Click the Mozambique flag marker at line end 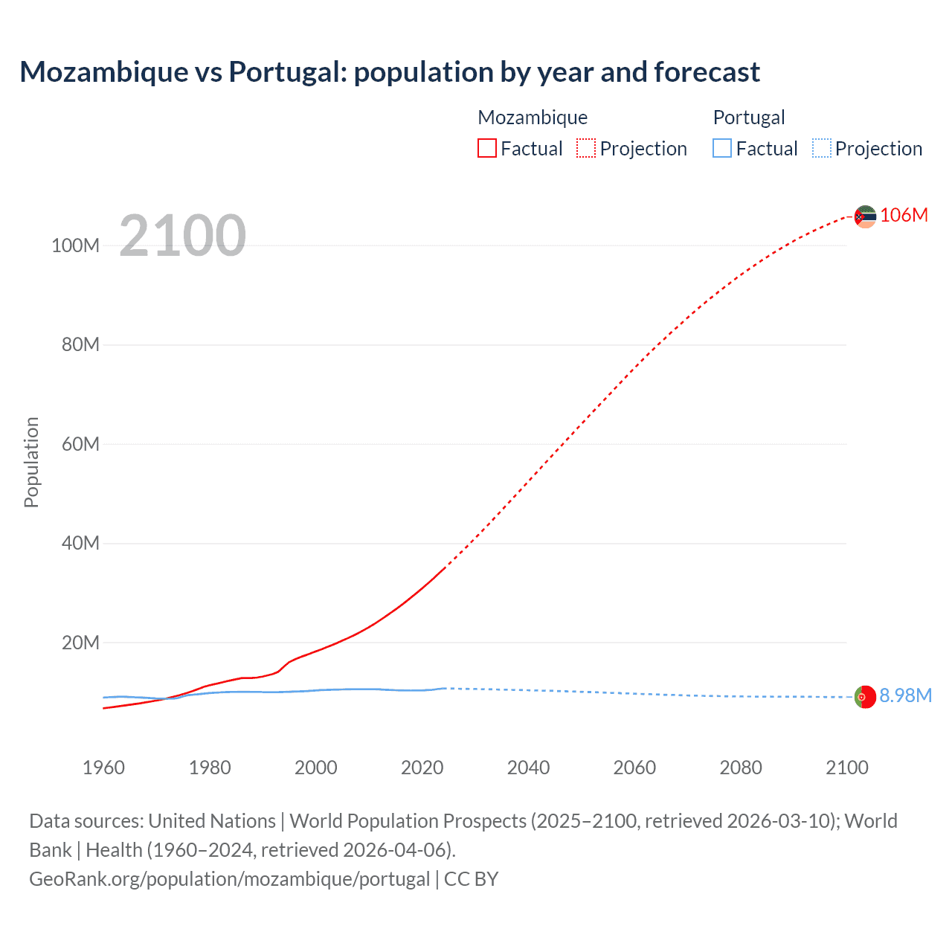click(864, 216)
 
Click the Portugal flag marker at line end click(864, 697)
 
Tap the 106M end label click(904, 215)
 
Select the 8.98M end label click(905, 695)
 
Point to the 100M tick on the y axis click(75, 245)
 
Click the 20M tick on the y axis click(80, 643)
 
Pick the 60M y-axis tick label click(80, 444)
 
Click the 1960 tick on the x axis click(103, 768)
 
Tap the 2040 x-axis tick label click(528, 768)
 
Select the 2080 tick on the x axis click(740, 768)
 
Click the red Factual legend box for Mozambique click(487, 149)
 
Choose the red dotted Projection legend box click(586, 149)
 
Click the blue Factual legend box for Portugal click(722, 149)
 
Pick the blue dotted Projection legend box click(822, 149)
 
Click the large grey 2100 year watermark click(182, 235)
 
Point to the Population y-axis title click(31, 462)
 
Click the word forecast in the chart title click(707, 72)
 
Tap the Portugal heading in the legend click(748, 118)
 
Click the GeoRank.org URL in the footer click(229, 878)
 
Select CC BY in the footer click(471, 878)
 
